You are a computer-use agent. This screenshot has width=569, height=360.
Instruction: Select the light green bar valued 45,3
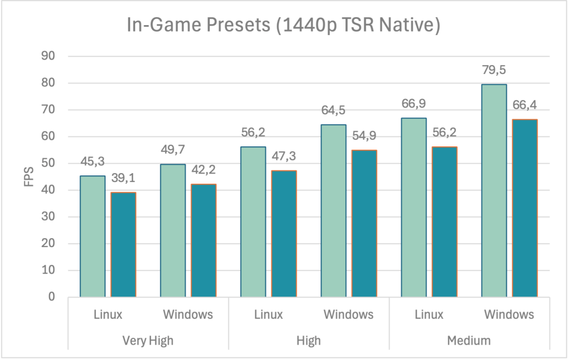click(92, 236)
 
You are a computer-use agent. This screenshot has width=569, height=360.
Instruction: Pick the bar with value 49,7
click(172, 231)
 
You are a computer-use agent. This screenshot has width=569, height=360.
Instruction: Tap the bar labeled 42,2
click(203, 240)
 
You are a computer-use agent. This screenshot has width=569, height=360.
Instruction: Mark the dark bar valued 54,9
click(364, 224)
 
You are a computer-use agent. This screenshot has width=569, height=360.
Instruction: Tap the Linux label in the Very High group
click(108, 315)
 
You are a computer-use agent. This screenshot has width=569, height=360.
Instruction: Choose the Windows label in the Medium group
click(509, 315)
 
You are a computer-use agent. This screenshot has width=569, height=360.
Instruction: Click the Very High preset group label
click(148, 341)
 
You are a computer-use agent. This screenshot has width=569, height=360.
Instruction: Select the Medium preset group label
click(469, 341)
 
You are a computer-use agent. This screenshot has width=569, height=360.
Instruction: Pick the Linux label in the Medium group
click(429, 315)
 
